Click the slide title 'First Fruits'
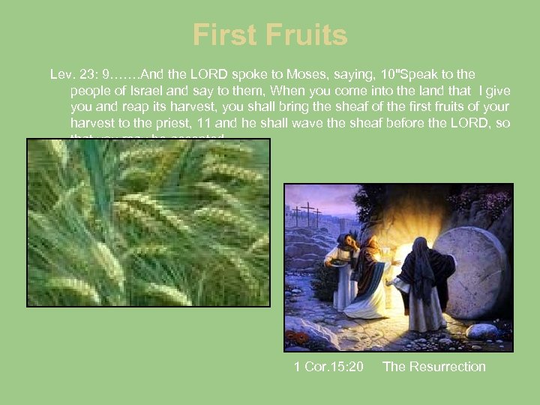[x=270, y=35]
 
